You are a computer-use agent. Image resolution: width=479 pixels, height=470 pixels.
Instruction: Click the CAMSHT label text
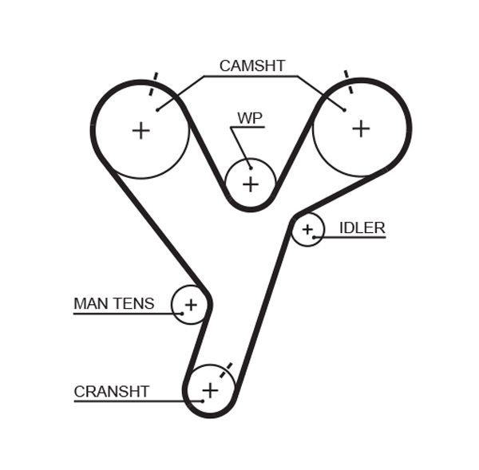pos(251,66)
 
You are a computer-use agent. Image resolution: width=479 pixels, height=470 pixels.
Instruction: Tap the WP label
pos(249,118)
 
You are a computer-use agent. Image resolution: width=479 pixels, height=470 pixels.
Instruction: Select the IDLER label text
pos(362,228)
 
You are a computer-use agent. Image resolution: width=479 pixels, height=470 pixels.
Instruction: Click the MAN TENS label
pos(113,303)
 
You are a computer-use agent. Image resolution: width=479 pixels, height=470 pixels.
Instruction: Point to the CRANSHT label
pos(111,391)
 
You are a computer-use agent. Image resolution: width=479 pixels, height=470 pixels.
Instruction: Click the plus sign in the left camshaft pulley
pos(141,130)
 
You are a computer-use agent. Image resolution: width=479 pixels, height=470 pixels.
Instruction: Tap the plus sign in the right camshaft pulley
pos(361,128)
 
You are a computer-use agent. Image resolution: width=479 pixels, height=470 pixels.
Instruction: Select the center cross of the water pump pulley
pos(251,184)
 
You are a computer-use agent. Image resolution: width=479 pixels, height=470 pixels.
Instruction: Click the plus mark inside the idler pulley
pos(307,230)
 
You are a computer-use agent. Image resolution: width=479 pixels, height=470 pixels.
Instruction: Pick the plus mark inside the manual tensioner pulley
pos(191,304)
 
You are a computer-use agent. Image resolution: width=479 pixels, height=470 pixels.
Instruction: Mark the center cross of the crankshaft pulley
pos(210,390)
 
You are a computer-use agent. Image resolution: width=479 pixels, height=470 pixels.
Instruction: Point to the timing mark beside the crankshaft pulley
pos(228,367)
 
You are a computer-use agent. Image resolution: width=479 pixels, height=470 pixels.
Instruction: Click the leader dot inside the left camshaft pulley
pos(158,109)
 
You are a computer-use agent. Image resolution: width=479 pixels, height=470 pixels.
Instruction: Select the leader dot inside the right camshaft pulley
pos(344,109)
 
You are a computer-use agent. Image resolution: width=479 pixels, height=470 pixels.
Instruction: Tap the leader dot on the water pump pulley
pos(250,167)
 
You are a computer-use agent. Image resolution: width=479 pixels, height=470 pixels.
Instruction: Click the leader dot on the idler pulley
pos(315,237)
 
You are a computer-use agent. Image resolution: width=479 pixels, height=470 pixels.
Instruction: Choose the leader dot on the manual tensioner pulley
pos(182,314)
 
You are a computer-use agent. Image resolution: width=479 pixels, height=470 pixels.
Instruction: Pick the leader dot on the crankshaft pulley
pos(203,400)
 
